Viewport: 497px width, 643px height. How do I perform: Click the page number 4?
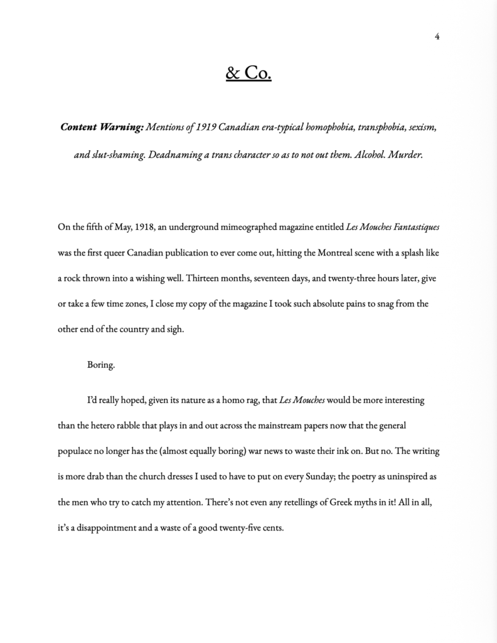(437, 36)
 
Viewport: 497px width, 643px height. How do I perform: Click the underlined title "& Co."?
(248, 73)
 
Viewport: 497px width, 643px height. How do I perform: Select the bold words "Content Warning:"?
(102, 127)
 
